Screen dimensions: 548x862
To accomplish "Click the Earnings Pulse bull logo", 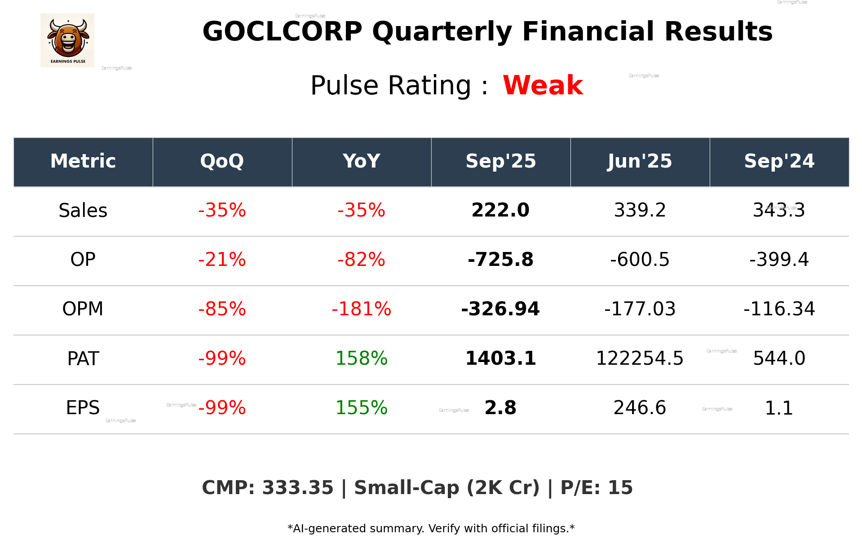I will (67, 40).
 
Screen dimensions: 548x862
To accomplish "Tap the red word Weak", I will (543, 85).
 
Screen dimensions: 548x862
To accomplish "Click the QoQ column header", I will (222, 161).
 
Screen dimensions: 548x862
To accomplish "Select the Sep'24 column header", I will (779, 161).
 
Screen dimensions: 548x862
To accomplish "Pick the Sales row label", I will (83, 211).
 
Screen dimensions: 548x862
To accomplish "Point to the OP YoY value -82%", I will (361, 260).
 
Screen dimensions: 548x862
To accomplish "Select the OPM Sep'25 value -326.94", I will (500, 309).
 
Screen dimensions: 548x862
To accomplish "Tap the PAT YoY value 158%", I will (361, 359).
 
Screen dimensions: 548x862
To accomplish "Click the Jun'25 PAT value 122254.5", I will (640, 359).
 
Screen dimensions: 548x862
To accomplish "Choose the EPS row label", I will (83, 408).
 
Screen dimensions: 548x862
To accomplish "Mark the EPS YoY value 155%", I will (361, 408).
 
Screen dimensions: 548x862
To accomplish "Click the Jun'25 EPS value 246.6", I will (640, 408).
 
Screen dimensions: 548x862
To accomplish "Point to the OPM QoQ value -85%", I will (222, 309).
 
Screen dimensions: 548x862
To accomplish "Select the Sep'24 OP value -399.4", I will (779, 260).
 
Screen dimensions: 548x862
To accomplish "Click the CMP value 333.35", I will (297, 488).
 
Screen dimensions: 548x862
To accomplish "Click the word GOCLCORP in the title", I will (282, 32).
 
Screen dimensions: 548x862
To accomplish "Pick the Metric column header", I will (83, 161).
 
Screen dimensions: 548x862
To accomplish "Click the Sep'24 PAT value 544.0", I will (779, 359).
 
